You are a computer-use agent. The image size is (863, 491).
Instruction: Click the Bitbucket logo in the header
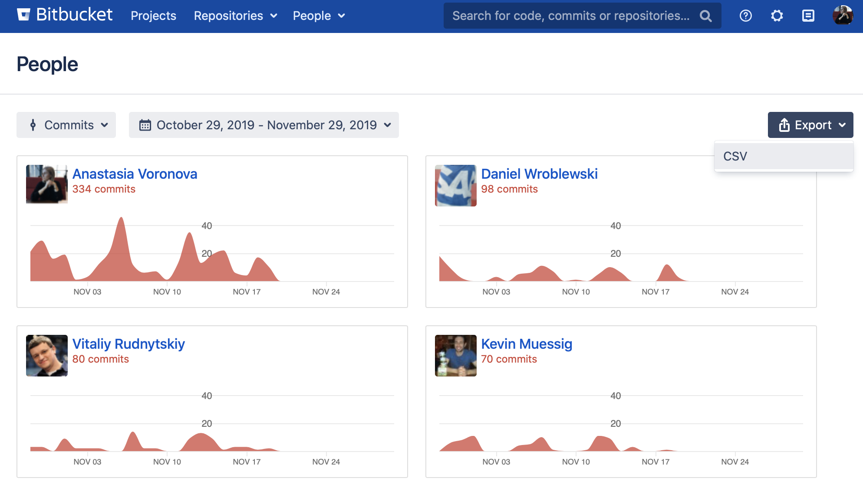pos(65,15)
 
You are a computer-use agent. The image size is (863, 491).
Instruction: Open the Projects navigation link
pos(153,16)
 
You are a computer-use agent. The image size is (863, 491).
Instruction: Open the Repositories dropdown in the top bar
pos(235,16)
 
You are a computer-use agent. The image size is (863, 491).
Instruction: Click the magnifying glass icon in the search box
pos(705,16)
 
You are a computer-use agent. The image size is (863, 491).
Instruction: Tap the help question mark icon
pos(745,16)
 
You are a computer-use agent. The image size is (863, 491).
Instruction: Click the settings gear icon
pos(777,16)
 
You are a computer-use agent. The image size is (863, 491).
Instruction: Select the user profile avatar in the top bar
pos(843,15)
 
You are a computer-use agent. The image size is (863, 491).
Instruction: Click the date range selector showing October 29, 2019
pos(264,125)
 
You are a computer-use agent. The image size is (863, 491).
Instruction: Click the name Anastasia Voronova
pos(135,174)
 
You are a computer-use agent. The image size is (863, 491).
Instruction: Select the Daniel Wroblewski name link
pos(539,174)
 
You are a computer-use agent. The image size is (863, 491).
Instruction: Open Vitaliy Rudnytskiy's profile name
pos(128,344)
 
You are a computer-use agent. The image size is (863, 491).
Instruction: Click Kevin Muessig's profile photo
pos(455,356)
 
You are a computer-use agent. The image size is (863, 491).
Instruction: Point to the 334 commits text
pos(104,189)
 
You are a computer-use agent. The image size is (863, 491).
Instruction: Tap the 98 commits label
pos(509,189)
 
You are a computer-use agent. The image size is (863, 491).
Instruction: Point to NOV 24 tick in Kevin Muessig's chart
pos(735,462)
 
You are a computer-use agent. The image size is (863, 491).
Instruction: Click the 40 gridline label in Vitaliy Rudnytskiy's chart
pos(207,396)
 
